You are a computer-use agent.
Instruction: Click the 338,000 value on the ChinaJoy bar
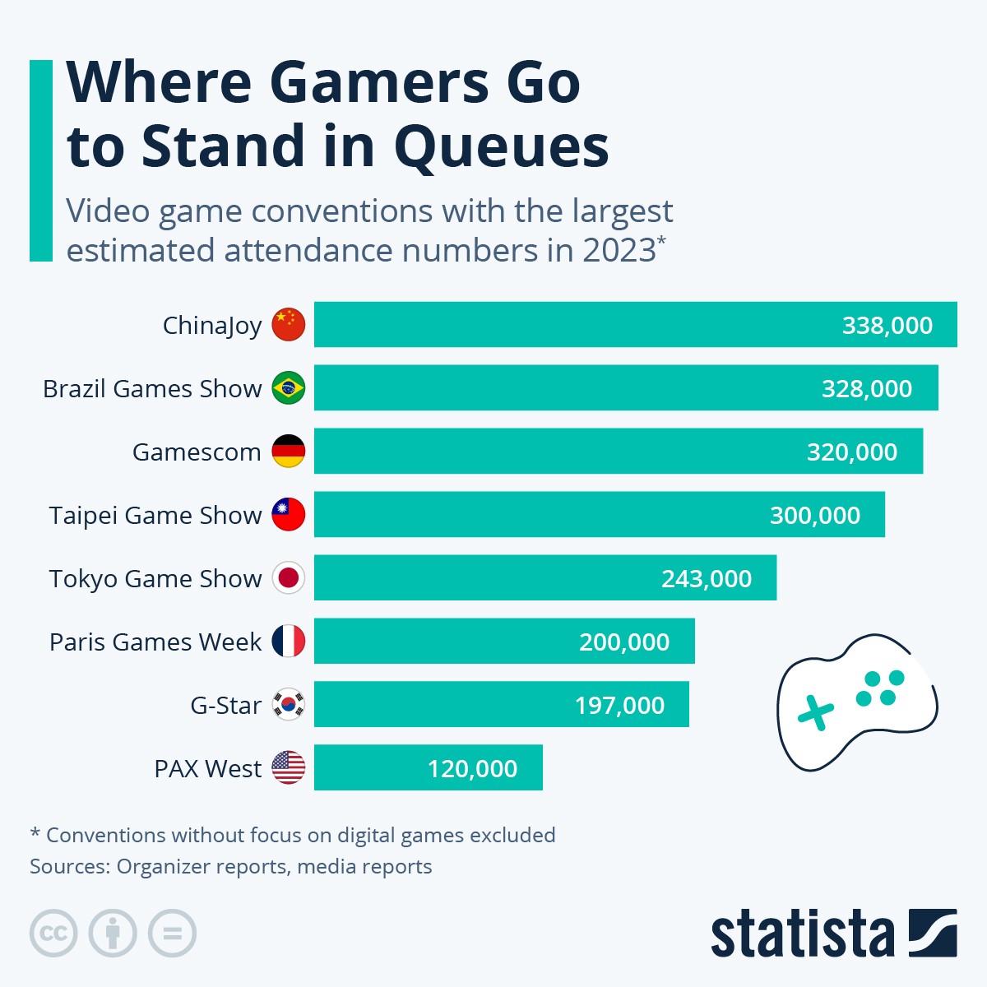click(x=887, y=326)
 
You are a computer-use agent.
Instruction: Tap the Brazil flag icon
click(x=289, y=388)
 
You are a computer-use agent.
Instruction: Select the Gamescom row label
click(x=197, y=452)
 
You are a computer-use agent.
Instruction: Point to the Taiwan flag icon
click(x=289, y=515)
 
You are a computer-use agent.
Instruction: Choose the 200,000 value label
click(x=623, y=642)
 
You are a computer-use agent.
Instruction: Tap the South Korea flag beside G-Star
click(x=289, y=705)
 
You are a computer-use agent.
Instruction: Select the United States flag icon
click(x=289, y=768)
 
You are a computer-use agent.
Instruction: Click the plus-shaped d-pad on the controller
click(x=815, y=712)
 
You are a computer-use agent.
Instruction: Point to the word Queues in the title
click(x=501, y=147)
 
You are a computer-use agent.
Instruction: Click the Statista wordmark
click(x=802, y=934)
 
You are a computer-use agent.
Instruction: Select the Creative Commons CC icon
click(x=53, y=934)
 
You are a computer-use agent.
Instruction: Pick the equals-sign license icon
click(x=173, y=934)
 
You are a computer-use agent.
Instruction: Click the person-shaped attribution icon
click(x=113, y=934)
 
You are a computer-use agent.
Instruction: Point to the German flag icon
click(x=289, y=452)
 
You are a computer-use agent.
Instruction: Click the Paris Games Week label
click(x=155, y=642)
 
